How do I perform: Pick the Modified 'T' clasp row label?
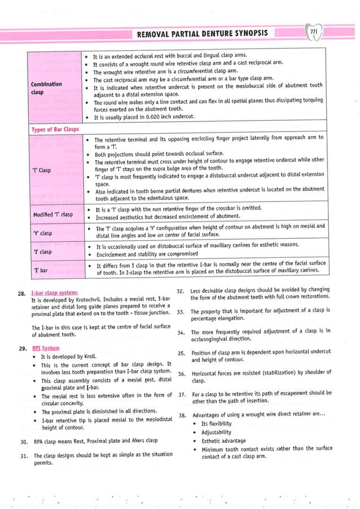pyautogui.click(x=49, y=214)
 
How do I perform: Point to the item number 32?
pyautogui.click(x=181, y=291)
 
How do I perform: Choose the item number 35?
pyautogui.click(x=181, y=353)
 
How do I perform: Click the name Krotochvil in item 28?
pyautogui.click(x=95, y=300)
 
